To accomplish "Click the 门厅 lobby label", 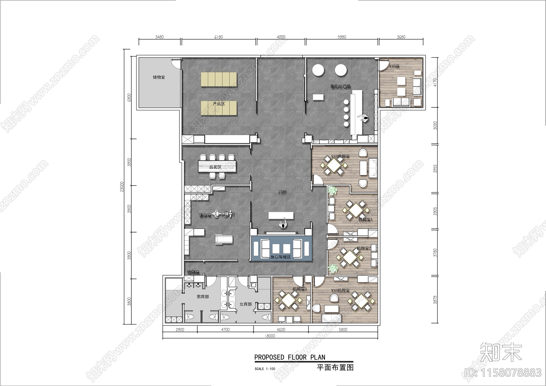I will tap(282, 193).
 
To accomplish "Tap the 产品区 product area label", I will tap(219, 104).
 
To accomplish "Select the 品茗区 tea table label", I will tap(215, 167).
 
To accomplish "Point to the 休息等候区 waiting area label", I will tap(281, 257).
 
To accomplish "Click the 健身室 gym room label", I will tap(205, 215).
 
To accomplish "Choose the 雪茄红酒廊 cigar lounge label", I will tap(340, 87).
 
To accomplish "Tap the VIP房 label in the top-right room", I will tap(394, 66).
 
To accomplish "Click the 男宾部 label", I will tap(203, 297).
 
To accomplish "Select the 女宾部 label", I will tap(246, 304).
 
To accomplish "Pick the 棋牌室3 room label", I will tap(300, 289).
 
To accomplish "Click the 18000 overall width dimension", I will tap(270, 336).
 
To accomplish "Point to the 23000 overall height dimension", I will tap(122, 186).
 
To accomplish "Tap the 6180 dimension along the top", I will tap(218, 37).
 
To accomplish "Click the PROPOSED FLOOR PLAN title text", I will tap(290, 357).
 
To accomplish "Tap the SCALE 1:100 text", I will tap(265, 369).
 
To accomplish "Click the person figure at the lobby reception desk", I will tap(283, 224).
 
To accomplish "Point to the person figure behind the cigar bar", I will tap(365, 119).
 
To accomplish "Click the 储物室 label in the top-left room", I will tap(159, 77).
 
